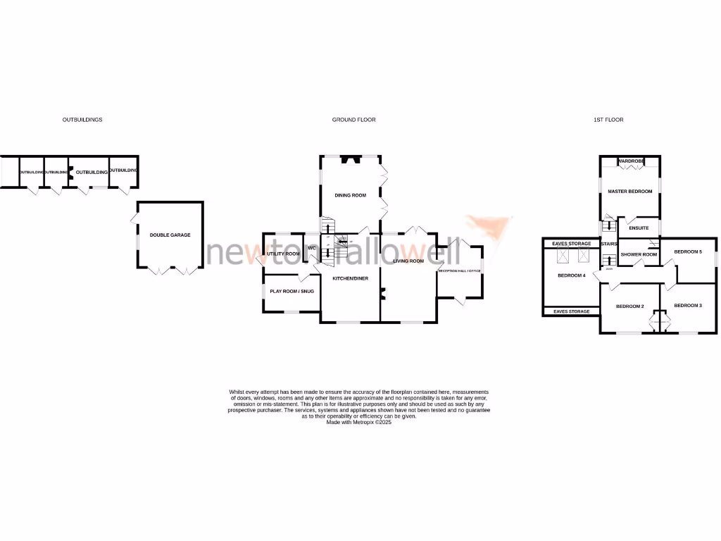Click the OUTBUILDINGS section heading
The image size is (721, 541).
tap(82, 120)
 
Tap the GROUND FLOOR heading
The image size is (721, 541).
tap(353, 120)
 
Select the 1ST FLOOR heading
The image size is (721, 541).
tap(608, 120)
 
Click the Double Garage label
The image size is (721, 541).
tap(170, 235)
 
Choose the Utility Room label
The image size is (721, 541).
tap(283, 254)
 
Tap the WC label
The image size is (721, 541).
tap(312, 248)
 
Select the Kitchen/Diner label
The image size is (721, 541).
tap(351, 279)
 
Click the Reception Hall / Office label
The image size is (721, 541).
tap(459, 270)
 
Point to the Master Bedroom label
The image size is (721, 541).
tap(630, 192)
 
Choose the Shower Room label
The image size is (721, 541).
tap(639, 254)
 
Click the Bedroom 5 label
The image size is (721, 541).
tap(688, 251)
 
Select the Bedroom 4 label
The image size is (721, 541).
tap(571, 275)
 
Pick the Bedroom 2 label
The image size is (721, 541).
tap(629, 306)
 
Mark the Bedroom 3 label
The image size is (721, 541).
tap(688, 305)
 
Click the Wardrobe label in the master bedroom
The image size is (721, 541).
tap(631, 161)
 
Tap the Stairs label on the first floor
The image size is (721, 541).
tap(608, 244)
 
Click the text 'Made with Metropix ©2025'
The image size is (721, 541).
tap(358, 422)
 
